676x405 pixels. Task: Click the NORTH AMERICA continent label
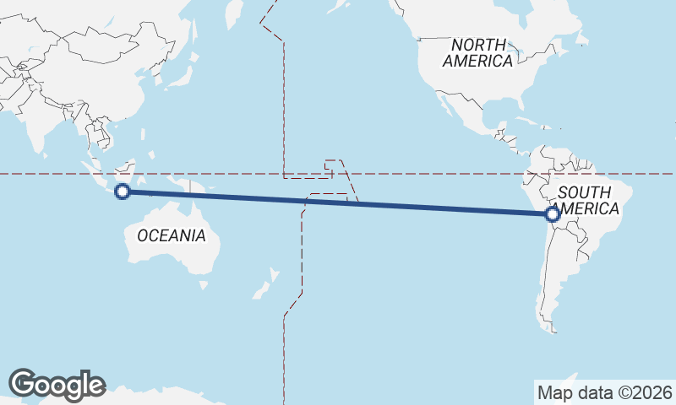(478, 52)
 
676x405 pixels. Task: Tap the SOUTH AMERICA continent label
(588, 201)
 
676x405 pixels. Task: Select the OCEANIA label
(171, 235)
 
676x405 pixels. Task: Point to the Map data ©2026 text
(605, 392)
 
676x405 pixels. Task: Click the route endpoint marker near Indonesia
(123, 192)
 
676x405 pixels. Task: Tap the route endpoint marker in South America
(553, 214)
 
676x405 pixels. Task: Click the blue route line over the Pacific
(338, 202)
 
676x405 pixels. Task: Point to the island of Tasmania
(204, 285)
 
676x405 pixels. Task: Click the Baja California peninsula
(444, 105)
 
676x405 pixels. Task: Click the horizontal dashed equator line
(422, 174)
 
